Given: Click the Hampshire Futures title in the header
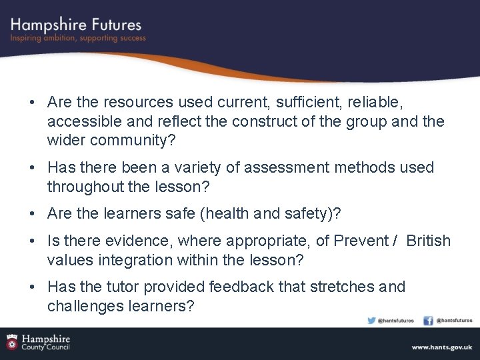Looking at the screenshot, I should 75,25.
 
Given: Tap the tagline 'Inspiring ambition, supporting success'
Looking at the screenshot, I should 77,39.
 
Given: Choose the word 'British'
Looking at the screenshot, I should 428,241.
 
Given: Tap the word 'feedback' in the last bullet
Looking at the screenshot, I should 241,287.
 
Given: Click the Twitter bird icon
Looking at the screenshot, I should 372,321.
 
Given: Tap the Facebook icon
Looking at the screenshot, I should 429,321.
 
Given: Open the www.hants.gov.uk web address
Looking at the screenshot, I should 441,347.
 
